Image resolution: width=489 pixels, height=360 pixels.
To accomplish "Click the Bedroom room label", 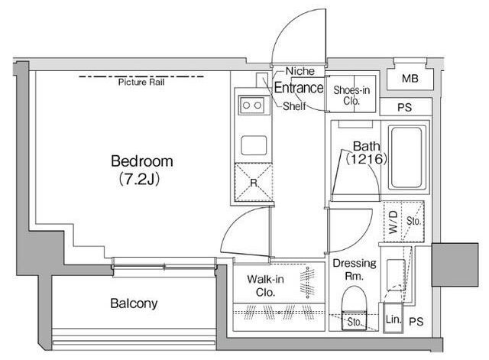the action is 142,161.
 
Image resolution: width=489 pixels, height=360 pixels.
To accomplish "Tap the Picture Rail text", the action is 141,83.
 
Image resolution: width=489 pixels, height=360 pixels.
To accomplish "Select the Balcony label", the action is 134,303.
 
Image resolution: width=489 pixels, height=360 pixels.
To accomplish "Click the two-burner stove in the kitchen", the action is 251,105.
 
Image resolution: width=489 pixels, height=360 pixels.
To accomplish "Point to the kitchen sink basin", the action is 254,145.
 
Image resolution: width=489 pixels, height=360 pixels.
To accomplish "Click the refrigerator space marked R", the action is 254,182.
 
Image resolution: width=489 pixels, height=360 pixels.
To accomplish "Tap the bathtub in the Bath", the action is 406,157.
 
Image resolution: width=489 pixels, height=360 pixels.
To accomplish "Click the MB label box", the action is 410,79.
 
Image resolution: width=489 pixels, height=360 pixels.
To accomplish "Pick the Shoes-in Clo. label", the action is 351,96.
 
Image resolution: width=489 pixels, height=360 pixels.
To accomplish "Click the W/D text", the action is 393,222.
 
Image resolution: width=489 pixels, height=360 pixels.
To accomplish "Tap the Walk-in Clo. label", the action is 265,285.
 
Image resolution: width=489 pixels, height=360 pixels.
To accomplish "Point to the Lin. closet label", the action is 393,319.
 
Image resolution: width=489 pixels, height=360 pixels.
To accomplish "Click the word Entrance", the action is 299,88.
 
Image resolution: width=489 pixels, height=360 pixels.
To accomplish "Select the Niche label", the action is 300,71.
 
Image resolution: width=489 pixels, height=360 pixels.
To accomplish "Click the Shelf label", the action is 294,106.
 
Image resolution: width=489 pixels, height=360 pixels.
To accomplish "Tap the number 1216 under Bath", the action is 367,159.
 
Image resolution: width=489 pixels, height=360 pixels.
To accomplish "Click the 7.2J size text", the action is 140,180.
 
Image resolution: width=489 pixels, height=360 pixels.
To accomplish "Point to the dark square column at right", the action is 455,264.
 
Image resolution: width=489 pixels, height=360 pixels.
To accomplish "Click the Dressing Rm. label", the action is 355,270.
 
